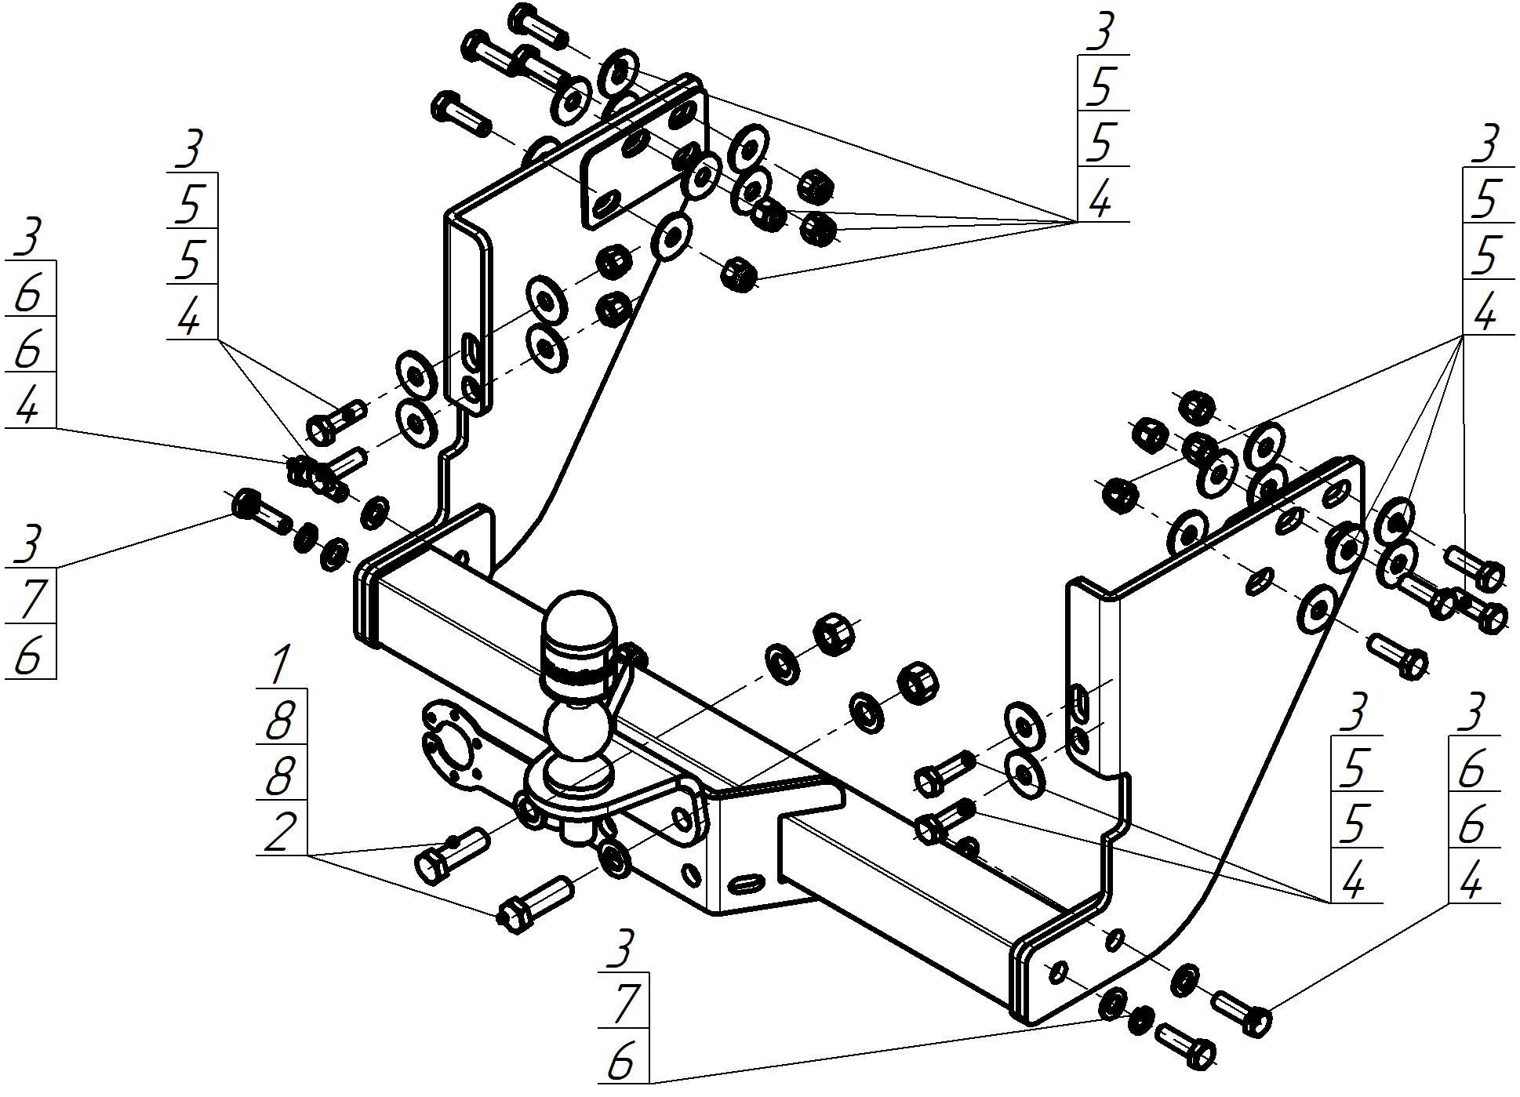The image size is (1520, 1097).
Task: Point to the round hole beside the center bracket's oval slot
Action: point(692,872)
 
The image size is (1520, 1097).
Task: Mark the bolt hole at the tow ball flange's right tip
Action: point(683,820)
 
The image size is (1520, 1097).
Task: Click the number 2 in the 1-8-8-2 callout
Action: point(280,832)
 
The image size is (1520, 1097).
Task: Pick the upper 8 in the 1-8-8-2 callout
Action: point(280,721)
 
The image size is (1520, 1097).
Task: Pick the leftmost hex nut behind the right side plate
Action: point(1120,494)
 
